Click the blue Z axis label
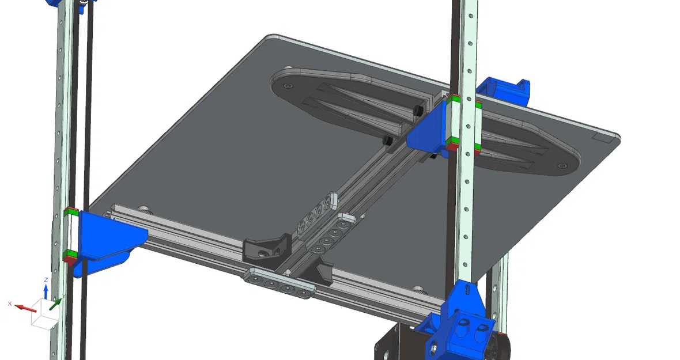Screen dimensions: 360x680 tap(46, 279)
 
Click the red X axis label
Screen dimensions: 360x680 tap(10, 303)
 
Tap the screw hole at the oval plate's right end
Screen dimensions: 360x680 tap(562, 166)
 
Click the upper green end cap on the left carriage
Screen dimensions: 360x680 tap(71, 212)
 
